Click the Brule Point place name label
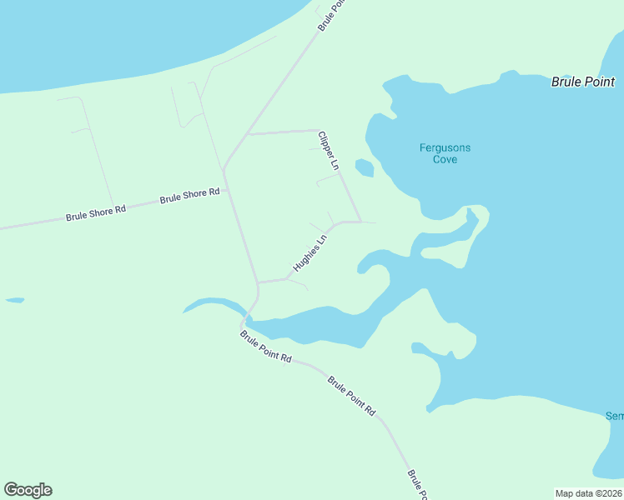(x=583, y=82)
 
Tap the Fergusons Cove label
(x=445, y=153)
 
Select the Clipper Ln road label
(x=328, y=150)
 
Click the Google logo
(x=28, y=490)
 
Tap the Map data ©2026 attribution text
(x=588, y=493)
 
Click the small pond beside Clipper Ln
(x=364, y=167)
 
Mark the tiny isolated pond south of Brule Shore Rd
(x=14, y=300)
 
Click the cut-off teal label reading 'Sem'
(x=615, y=416)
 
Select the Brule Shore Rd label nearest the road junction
(x=189, y=196)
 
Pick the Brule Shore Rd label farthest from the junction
(x=95, y=213)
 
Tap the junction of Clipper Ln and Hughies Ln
(x=360, y=222)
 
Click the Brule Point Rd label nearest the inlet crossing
(x=265, y=347)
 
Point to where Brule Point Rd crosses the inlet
(x=248, y=317)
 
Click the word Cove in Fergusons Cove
(x=445, y=159)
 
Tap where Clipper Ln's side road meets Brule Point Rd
(x=247, y=133)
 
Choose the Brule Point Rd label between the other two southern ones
(x=351, y=396)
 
